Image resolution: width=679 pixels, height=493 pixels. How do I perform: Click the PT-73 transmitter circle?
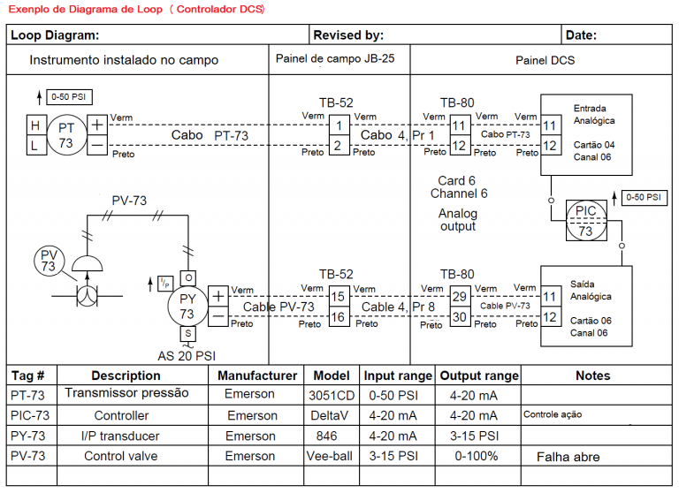(65, 134)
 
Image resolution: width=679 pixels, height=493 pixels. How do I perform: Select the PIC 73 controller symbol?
(585, 220)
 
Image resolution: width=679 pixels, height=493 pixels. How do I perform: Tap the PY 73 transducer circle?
(187, 305)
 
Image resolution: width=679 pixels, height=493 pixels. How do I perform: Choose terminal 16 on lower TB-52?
(338, 315)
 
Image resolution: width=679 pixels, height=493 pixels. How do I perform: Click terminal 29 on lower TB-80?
(459, 297)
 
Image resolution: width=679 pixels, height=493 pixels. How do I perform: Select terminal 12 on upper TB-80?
(459, 145)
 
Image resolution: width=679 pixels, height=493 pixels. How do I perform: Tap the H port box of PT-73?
(35, 125)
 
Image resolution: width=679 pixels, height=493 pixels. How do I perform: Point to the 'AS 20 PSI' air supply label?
(187, 356)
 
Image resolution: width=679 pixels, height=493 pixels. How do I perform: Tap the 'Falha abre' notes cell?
(568, 457)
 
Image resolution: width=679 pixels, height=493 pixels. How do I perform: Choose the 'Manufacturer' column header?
(257, 375)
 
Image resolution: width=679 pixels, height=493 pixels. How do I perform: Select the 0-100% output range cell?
(478, 456)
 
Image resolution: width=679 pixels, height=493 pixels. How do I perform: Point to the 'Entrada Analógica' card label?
(593, 114)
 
